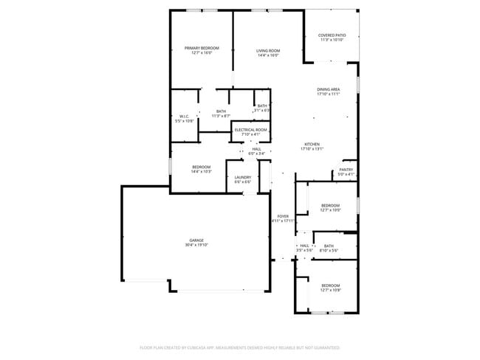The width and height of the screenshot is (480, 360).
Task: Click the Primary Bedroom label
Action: coord(202,48)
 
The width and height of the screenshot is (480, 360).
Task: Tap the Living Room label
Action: coord(268,51)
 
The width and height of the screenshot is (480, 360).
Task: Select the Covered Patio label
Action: coord(332,35)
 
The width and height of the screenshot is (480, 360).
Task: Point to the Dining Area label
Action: coord(328,89)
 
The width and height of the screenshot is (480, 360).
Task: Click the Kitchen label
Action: coord(312,144)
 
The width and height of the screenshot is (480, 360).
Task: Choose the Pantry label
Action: coord(346,170)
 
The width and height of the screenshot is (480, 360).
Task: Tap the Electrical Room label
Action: coord(250,130)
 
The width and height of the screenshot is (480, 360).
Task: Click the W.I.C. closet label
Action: coord(185,116)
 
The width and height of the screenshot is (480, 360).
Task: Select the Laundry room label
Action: coord(243,177)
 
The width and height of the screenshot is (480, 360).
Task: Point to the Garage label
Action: coord(196,240)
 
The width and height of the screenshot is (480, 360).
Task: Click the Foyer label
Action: coord(283,216)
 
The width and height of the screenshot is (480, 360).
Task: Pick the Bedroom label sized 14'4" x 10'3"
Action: coord(202,167)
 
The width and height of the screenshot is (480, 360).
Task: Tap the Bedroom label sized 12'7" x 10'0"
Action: coord(330,205)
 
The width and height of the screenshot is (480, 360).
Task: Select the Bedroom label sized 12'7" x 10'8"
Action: coord(330,285)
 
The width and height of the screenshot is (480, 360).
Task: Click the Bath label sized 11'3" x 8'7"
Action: coord(222,111)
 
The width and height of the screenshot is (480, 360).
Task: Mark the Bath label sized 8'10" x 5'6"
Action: coord(329,246)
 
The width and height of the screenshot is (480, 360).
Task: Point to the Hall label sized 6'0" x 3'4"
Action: coord(256,149)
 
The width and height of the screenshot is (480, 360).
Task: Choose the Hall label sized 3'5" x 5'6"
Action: coord(304,246)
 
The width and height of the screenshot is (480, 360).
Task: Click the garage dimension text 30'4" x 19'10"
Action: coord(196,245)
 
